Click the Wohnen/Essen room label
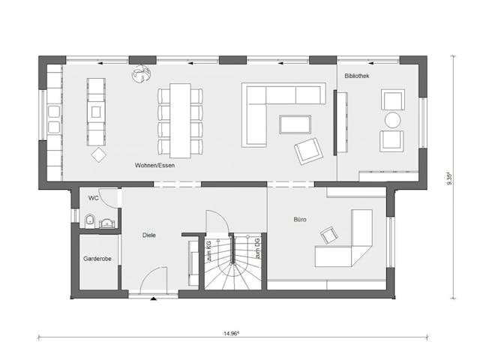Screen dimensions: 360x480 tap(155, 165)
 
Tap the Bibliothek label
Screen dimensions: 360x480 tap(356, 76)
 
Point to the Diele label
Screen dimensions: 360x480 tap(150, 235)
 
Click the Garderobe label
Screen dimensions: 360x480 tap(97, 259)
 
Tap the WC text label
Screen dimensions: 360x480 tap(94, 198)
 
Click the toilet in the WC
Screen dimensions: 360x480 tap(90, 220)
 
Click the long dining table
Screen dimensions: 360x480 tap(180, 111)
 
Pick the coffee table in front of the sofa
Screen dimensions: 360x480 tap(295, 124)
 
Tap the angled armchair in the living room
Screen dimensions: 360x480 tap(307, 151)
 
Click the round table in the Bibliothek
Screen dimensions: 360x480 tap(393, 120)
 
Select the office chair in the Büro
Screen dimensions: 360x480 tap(329, 236)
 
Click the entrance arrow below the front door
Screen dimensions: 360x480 tap(152, 299)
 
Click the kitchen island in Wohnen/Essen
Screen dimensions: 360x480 tap(95, 111)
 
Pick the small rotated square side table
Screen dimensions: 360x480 tap(98, 154)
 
